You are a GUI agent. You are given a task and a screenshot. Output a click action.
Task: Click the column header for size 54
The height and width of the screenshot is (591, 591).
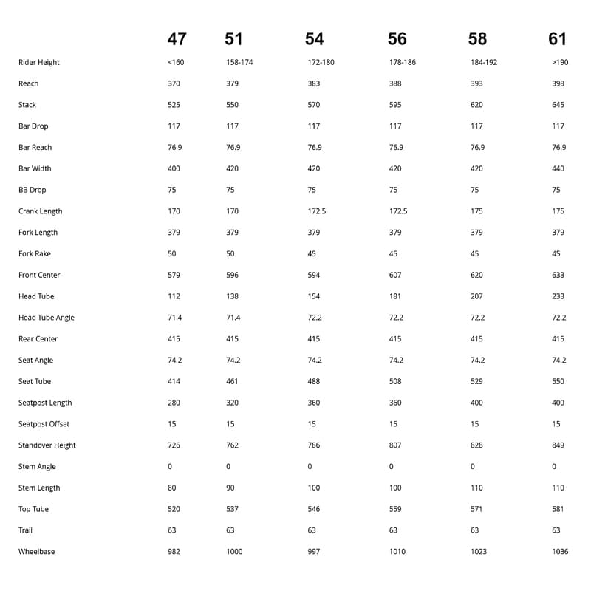pos(314,38)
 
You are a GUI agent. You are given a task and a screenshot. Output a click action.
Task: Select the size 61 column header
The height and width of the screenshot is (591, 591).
pos(558,38)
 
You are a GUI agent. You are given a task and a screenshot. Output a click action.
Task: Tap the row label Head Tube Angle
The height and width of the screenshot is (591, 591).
pos(47,318)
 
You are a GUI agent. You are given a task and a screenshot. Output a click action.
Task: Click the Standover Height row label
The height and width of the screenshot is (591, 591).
pos(47,445)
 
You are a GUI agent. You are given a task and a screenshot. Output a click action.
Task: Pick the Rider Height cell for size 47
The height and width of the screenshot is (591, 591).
pos(176,63)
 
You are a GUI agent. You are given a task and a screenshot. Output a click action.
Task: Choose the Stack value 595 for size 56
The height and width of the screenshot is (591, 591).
pos(395,105)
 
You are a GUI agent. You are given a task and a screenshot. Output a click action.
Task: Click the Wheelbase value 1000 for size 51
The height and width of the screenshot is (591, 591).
pos(234,552)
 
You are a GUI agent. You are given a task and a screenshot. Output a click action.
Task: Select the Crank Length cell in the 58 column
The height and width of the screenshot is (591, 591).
pos(476,211)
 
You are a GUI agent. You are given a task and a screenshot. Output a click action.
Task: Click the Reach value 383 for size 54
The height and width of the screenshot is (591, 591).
pos(314,84)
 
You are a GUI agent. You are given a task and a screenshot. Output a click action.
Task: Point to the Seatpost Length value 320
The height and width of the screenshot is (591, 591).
pos(233,403)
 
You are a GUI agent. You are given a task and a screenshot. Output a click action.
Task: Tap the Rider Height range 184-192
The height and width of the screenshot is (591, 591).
pos(484,63)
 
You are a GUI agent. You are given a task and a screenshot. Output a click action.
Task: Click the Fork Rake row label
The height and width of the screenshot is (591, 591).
pos(35,254)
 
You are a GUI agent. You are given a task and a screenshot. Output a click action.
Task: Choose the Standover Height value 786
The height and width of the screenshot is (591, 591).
pos(314,445)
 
